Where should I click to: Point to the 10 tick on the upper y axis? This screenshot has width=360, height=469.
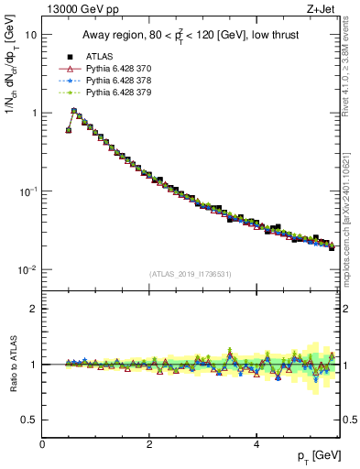(x=30, y=34)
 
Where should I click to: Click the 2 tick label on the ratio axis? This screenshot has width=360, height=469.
(x=35, y=309)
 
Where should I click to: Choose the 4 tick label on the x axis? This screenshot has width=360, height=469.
(x=256, y=442)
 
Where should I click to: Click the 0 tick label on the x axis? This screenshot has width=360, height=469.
(x=42, y=442)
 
